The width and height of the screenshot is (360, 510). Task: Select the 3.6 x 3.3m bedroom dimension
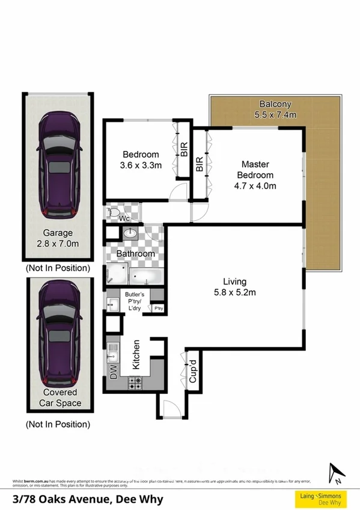tap(141, 165)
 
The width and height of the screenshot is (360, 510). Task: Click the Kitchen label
tap(136, 354)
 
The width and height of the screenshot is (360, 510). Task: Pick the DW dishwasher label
tap(114, 372)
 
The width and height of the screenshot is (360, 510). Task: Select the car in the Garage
tap(58, 167)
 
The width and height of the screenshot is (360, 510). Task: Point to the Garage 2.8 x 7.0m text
tap(58, 239)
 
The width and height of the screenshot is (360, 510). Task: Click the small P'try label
tap(159, 309)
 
